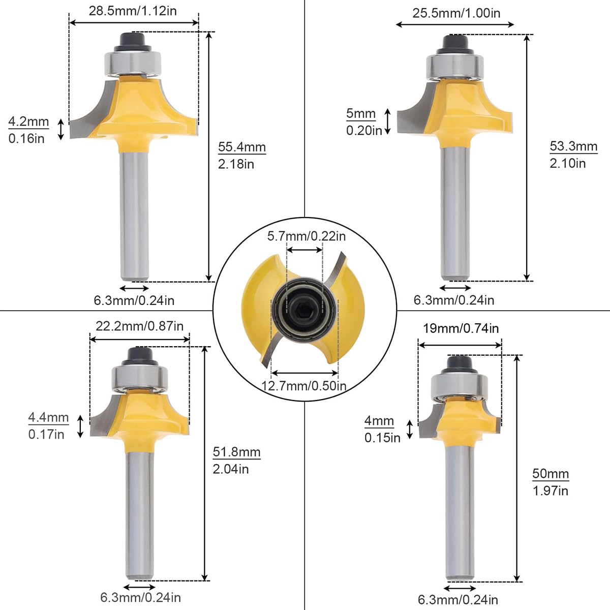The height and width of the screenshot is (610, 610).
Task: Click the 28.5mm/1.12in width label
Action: click(x=133, y=11)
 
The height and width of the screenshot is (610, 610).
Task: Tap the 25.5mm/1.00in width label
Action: click(x=456, y=13)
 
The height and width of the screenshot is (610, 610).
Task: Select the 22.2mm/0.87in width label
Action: click(x=139, y=326)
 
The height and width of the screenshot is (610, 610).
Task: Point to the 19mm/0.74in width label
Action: click(x=461, y=328)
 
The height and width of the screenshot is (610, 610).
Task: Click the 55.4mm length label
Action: click(x=242, y=147)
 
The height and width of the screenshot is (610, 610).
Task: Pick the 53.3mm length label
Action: click(x=573, y=146)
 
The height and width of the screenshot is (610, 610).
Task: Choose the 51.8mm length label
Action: click(x=236, y=452)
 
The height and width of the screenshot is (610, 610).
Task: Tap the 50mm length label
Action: click(x=550, y=474)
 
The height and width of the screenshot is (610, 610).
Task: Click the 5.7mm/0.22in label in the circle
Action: click(x=307, y=236)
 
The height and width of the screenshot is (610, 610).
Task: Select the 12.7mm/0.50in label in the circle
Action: click(x=304, y=385)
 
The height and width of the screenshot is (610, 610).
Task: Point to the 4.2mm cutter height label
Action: click(x=28, y=122)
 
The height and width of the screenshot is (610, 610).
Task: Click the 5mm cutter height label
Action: click(x=361, y=113)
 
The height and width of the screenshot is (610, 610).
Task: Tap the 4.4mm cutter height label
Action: click(x=48, y=417)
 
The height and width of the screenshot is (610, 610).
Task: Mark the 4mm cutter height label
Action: click(x=379, y=421)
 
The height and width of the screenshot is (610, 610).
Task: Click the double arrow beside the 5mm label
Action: click(x=387, y=121)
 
